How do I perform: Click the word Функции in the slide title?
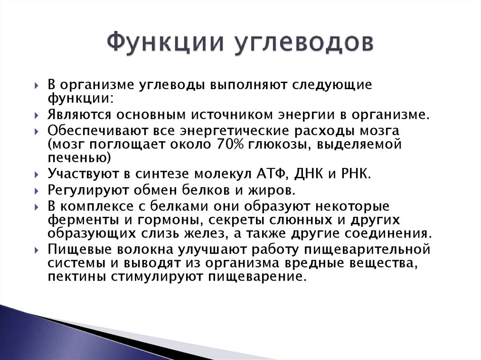click(x=165, y=43)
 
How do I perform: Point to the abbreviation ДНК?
click(x=309, y=174)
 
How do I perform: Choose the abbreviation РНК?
click(x=355, y=174)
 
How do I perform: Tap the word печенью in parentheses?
click(x=78, y=158)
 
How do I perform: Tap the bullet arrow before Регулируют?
click(x=37, y=191)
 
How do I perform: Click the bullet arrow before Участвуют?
click(x=37, y=175)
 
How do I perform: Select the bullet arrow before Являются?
click(x=37, y=115)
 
